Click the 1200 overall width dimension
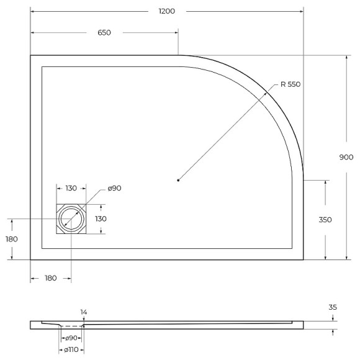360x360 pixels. point(167,11)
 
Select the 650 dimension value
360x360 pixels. point(104,32)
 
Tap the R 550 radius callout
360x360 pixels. point(290,84)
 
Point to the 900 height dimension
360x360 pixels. point(346,157)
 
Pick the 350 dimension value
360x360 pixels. point(325,219)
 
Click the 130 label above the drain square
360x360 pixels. point(71,188)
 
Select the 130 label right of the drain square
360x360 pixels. point(101,218)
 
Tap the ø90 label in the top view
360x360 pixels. point(114,188)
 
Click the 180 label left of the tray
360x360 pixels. point(12,239)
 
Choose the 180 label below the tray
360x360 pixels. point(50,277)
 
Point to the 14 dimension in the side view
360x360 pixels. point(83,312)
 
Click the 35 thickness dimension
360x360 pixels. point(333,307)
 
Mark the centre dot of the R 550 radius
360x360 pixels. point(178,180)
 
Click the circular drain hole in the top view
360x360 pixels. point(71,219)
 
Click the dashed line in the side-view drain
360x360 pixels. point(72,325)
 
